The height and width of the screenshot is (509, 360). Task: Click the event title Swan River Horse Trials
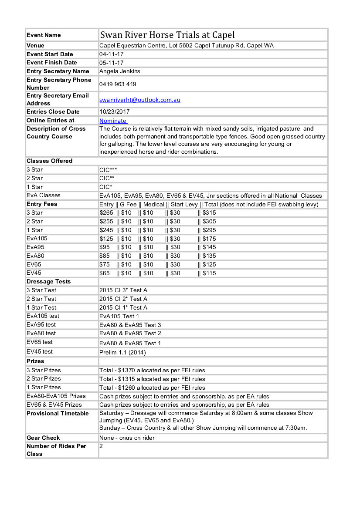coord(167,35)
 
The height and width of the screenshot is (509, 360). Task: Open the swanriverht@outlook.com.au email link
coord(140,100)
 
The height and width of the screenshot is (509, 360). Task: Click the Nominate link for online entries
coord(113,121)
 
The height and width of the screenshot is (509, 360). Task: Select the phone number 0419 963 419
coord(118,84)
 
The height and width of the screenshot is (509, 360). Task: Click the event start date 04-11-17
coord(112,54)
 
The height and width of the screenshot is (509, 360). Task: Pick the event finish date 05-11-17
coord(112,63)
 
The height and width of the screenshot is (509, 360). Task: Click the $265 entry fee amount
coord(106,213)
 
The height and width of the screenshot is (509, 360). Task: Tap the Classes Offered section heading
coord(49,161)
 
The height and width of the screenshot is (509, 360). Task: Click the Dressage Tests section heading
coord(48,282)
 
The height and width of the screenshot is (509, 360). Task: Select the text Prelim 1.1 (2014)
coord(122,352)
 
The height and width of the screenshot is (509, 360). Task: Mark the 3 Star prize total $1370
coord(152,371)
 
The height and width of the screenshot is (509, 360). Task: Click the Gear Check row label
coord(43,438)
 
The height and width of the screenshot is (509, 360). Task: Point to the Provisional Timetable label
coord(58,414)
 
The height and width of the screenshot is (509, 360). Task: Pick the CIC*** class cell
coord(108,170)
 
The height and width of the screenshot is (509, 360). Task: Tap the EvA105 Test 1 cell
coord(119,317)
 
